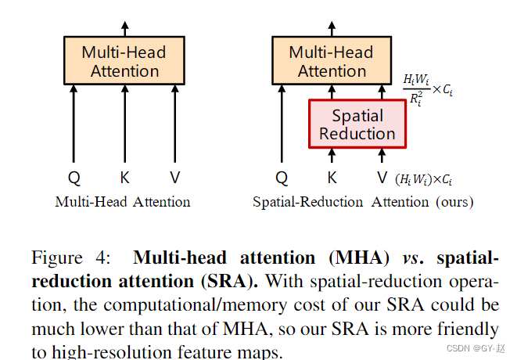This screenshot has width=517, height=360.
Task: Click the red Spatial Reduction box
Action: click(357, 124)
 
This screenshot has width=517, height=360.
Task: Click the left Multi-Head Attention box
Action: click(124, 61)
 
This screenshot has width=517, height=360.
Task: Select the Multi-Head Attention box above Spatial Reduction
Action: click(332, 61)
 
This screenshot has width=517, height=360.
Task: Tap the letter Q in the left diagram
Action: click(74, 178)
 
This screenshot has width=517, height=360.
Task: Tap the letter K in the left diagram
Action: click(124, 178)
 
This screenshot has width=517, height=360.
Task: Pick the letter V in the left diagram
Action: click(174, 178)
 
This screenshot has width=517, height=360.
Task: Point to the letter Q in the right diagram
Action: click(282, 178)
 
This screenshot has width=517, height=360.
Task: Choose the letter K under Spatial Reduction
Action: click(332, 178)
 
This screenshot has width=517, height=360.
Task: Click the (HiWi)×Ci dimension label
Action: click(424, 179)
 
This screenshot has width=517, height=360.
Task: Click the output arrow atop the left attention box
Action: click(124, 28)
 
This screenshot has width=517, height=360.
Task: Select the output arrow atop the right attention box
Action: click(332, 28)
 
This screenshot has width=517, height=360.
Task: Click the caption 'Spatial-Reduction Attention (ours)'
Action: click(362, 202)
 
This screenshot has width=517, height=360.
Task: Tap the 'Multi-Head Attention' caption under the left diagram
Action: click(123, 202)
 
